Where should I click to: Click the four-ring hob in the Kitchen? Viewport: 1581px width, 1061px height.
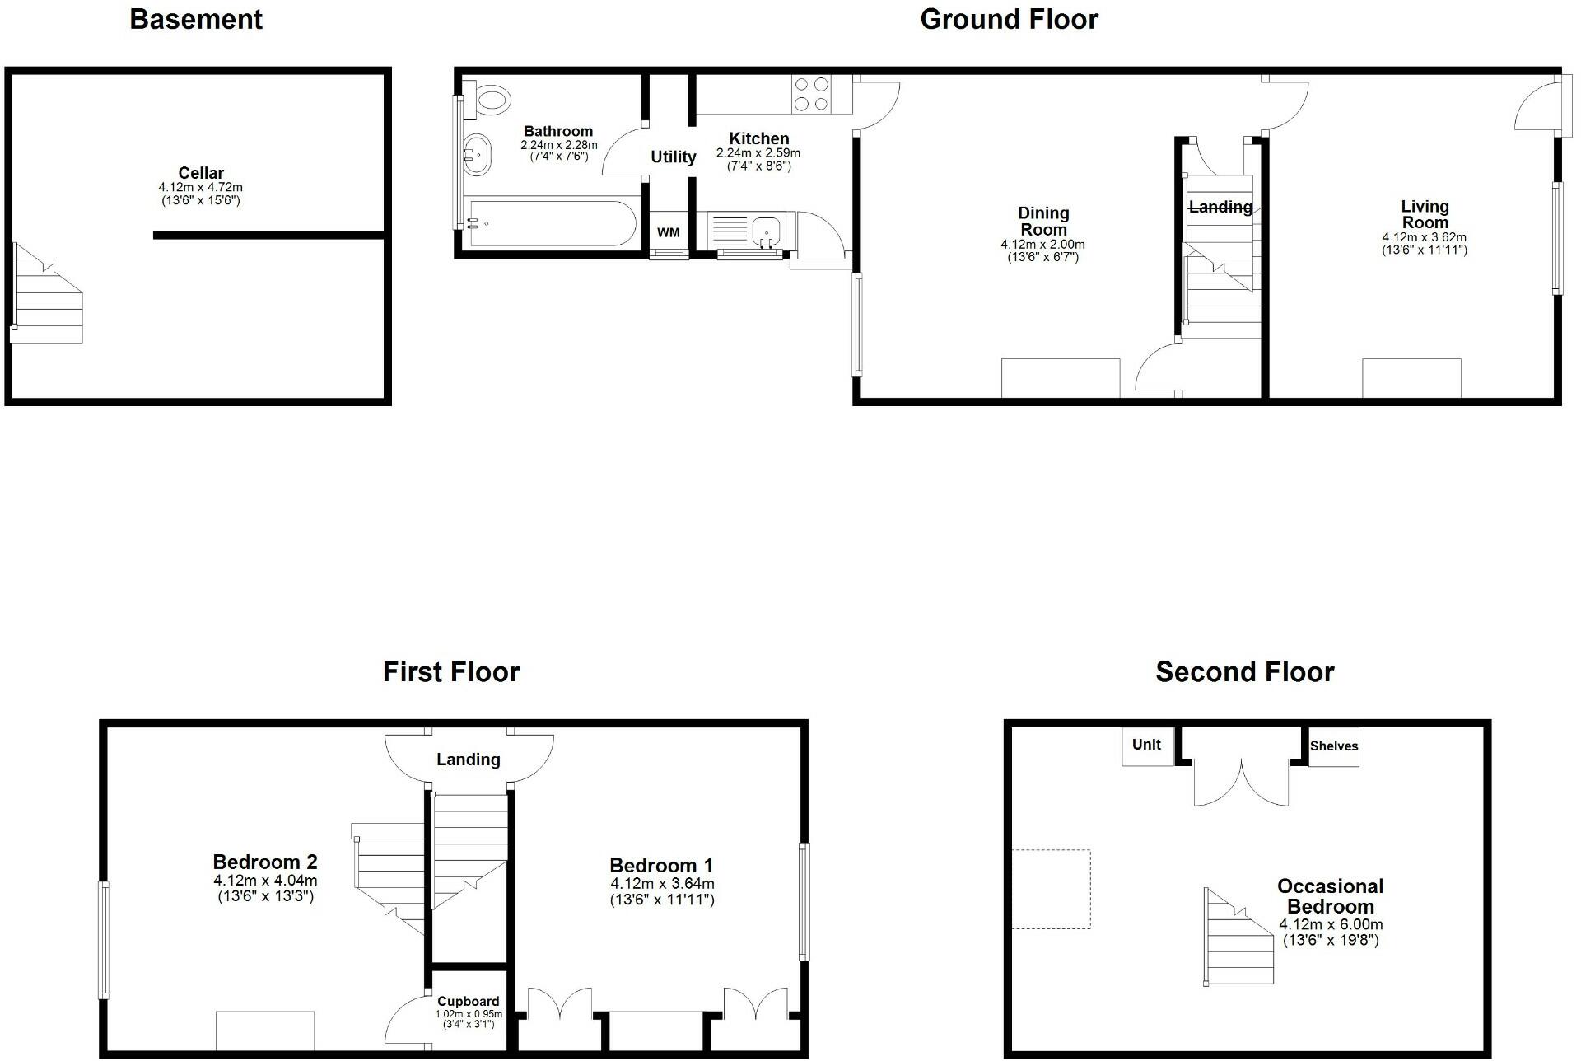click(810, 94)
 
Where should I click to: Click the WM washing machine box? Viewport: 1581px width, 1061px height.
click(669, 232)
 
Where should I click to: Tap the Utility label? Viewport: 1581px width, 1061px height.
click(674, 157)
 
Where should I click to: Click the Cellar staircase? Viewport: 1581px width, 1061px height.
click(48, 292)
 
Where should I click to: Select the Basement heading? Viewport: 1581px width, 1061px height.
click(196, 19)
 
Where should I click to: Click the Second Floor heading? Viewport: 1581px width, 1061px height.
click(1244, 672)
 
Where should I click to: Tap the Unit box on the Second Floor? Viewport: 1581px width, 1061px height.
click(1147, 746)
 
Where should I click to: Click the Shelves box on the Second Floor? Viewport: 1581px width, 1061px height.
click(1334, 746)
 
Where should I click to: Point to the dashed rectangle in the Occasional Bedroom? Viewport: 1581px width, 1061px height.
click(1051, 889)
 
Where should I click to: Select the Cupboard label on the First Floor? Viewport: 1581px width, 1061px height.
click(469, 1002)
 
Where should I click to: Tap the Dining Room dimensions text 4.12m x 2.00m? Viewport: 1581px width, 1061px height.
click(1042, 245)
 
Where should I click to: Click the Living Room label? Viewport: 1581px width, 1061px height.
click(1425, 214)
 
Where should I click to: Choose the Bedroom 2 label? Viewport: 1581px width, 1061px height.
click(265, 862)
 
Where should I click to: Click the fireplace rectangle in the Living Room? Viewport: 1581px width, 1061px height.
click(1411, 378)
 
